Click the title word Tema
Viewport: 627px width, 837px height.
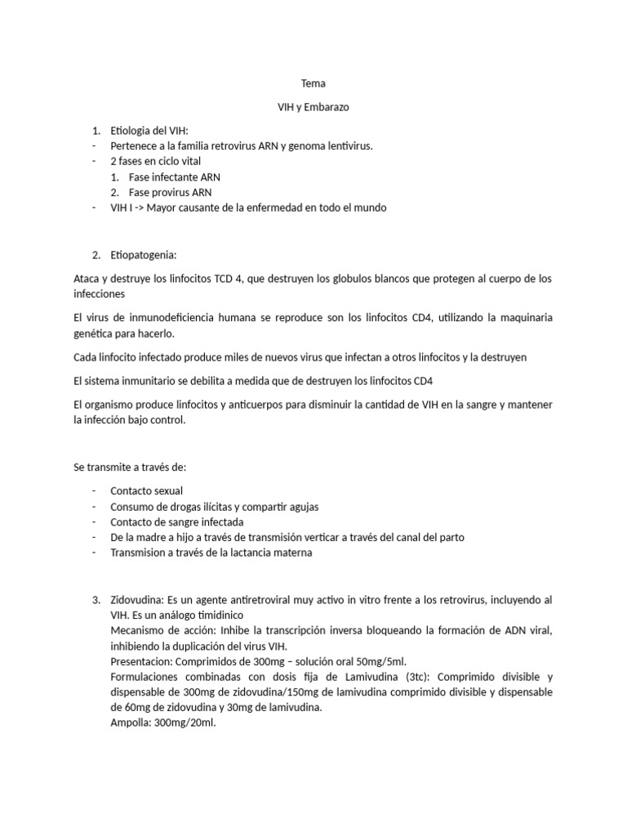313,83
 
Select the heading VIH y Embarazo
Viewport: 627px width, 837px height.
313,107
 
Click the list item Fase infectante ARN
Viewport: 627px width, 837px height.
174,177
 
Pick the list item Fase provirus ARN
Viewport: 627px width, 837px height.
170,192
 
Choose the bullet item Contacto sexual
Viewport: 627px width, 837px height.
146,491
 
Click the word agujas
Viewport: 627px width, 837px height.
301,507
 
